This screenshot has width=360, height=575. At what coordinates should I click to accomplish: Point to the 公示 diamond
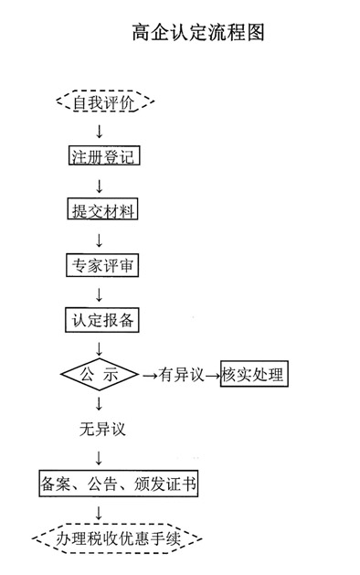(99, 375)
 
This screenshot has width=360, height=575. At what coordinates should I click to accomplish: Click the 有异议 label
(180, 376)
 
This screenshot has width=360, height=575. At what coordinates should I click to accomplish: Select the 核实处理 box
(253, 375)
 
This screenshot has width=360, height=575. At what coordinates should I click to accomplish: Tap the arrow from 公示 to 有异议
(149, 376)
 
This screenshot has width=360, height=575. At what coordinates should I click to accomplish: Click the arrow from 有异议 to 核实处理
(211, 376)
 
